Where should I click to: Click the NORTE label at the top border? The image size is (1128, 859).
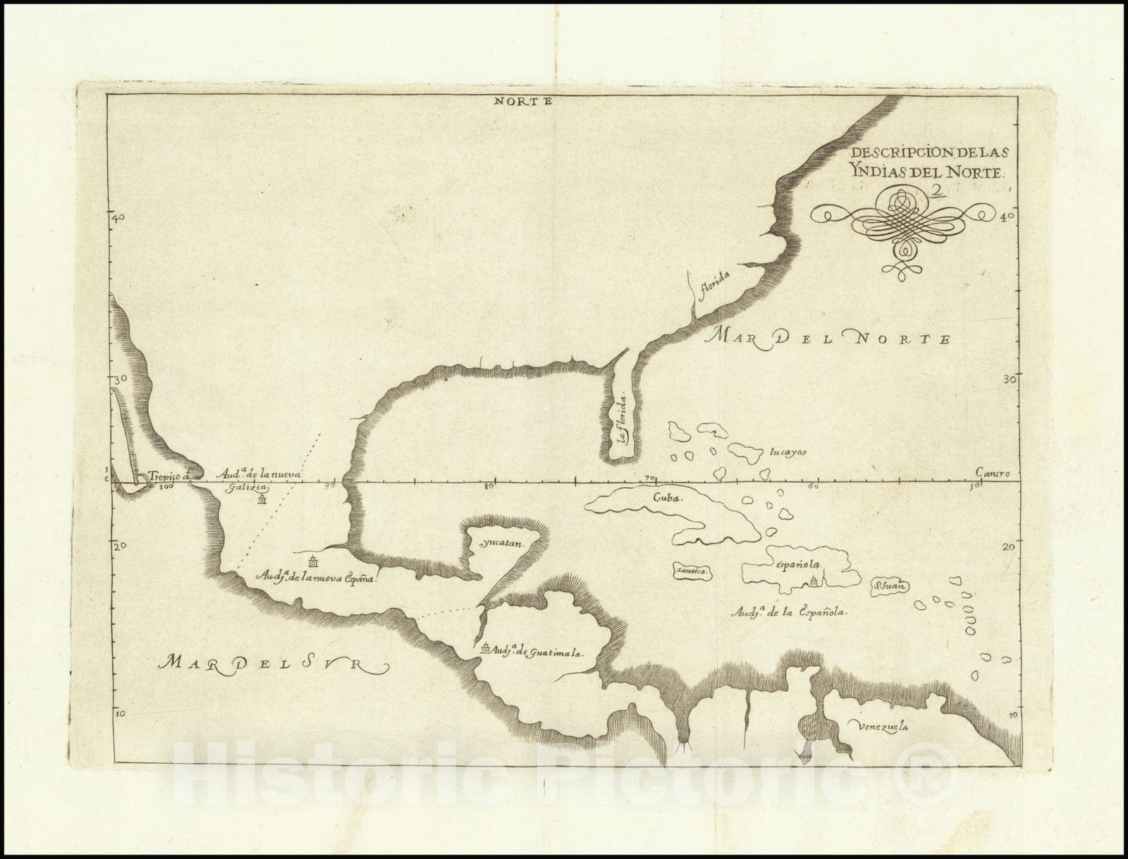point(521,100)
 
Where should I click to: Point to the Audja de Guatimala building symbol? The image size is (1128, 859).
point(485,647)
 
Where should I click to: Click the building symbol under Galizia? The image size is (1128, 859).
point(262,500)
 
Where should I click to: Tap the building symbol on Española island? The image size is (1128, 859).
point(815,581)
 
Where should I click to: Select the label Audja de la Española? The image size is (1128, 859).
point(787,613)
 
